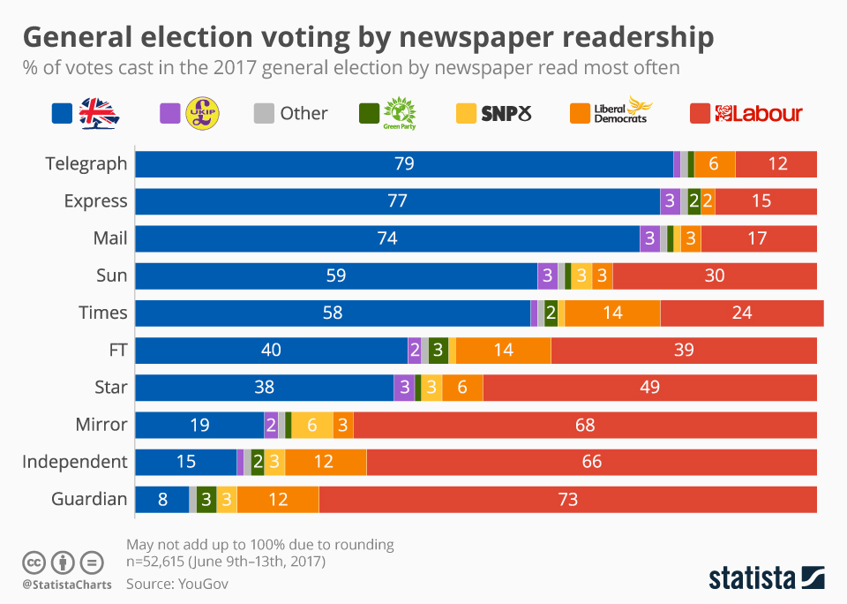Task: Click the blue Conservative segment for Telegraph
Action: (x=403, y=164)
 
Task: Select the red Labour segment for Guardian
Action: (x=567, y=499)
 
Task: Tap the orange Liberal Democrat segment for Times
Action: (x=612, y=313)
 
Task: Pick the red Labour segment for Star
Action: (x=649, y=387)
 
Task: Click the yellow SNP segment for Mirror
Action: (x=312, y=425)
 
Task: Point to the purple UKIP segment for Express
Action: (x=670, y=201)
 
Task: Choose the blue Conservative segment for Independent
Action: (x=185, y=462)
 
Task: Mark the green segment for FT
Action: (x=438, y=350)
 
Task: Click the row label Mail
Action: (x=110, y=238)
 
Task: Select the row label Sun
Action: (x=112, y=276)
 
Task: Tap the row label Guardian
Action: (x=89, y=499)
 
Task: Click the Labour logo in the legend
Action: (x=758, y=113)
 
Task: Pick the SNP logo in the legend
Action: (x=506, y=113)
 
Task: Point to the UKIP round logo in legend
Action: (x=203, y=113)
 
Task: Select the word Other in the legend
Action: (x=304, y=113)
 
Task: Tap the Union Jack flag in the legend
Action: (x=99, y=113)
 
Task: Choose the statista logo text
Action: (x=752, y=578)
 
